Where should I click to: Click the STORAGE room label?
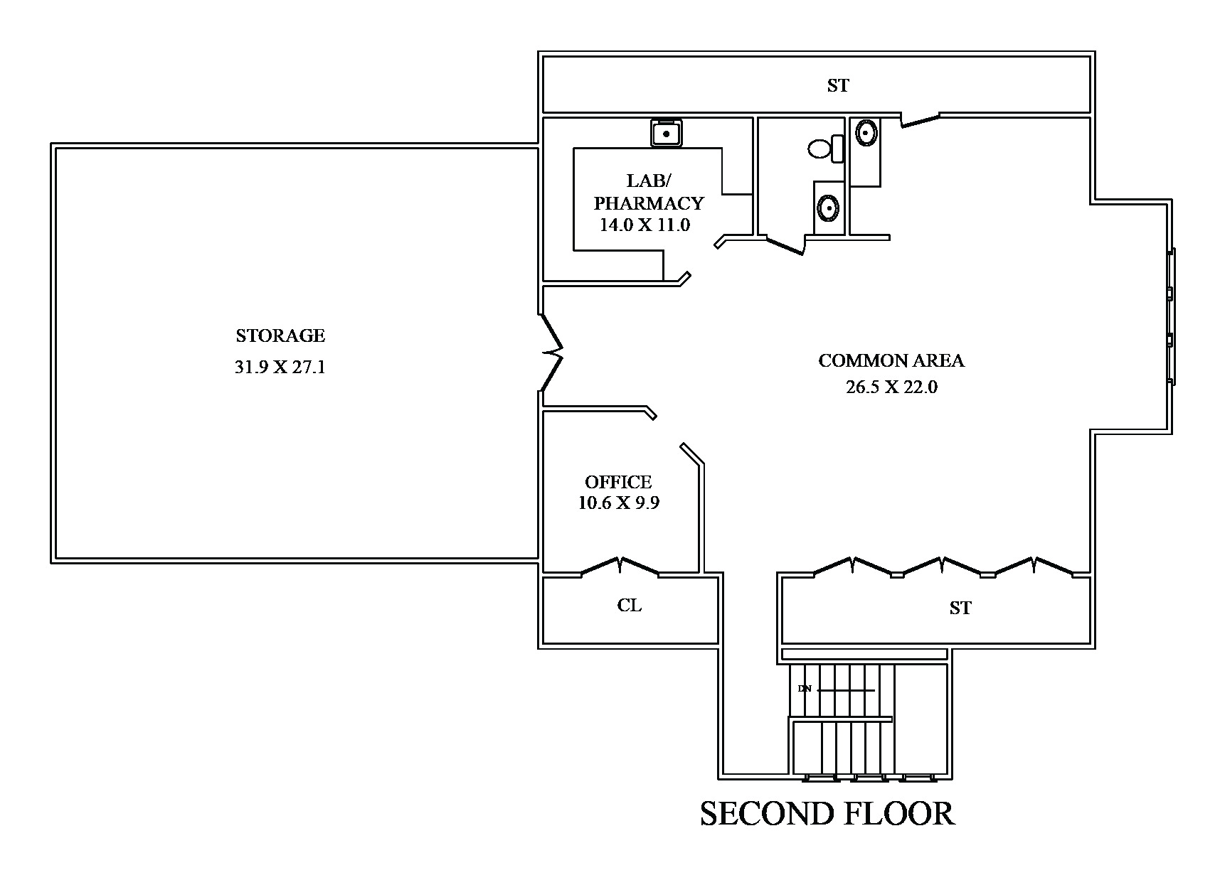click(280, 335)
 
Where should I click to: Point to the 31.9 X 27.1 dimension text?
click(280, 367)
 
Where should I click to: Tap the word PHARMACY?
click(648, 204)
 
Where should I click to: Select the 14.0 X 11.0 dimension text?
click(645, 225)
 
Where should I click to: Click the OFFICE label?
click(618, 482)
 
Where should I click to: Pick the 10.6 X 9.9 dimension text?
click(618, 503)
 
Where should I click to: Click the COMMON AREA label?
click(891, 361)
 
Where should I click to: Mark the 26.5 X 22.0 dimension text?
click(891, 387)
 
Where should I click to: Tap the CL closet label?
click(630, 606)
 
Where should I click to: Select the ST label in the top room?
click(838, 86)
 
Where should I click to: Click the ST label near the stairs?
click(960, 608)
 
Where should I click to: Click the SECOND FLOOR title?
click(827, 814)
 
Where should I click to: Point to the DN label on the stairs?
click(805, 689)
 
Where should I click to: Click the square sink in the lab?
click(666, 133)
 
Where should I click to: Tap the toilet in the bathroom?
click(824, 149)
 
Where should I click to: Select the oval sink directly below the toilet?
click(828, 208)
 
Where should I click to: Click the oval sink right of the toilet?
click(865, 132)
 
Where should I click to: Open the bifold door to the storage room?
click(552, 352)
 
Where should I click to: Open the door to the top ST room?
click(921, 119)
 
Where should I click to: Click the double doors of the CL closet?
click(620, 567)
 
